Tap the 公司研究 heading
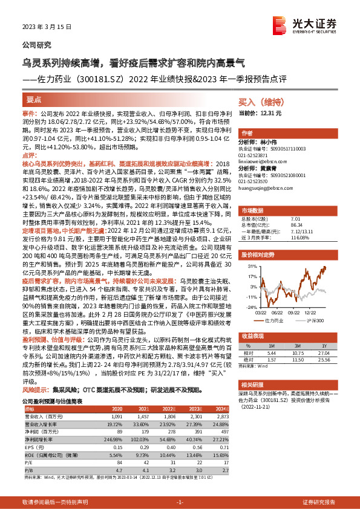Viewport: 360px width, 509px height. (37, 45)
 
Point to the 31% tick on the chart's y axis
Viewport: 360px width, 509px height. (250, 265)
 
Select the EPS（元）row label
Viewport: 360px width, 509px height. (39, 447)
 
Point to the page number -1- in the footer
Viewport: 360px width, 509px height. (180, 502)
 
